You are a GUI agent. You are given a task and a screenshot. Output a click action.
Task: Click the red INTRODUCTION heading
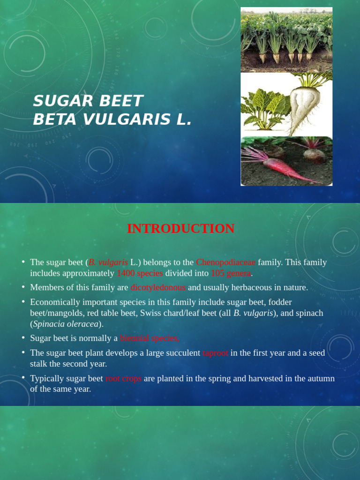(x=180, y=229)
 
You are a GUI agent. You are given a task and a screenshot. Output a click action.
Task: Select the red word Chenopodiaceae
(x=225, y=262)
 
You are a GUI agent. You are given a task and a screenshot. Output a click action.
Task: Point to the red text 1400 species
(x=140, y=273)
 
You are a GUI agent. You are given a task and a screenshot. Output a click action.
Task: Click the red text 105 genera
(x=231, y=273)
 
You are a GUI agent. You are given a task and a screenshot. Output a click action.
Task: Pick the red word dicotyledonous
(x=158, y=287)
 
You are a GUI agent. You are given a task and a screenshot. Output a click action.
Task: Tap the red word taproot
(x=215, y=353)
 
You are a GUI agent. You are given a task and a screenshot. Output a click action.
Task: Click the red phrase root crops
(x=123, y=378)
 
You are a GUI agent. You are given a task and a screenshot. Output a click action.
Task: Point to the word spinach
(x=308, y=313)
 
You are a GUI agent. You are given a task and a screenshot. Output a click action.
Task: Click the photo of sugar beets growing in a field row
(x=286, y=40)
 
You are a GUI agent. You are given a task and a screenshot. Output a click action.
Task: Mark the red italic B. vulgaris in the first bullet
(x=108, y=262)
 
